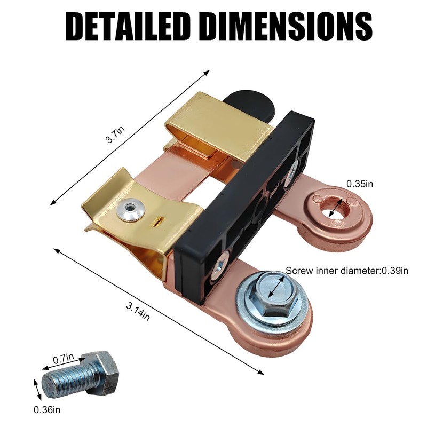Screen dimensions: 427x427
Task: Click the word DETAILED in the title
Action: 128,26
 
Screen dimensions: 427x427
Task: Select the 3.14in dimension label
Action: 138,312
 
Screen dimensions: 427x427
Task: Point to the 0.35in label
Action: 359,184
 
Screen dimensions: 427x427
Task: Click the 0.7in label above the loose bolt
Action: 63,358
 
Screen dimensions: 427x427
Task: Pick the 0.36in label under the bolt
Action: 47,409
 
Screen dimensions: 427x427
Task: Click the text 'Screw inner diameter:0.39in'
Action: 346,271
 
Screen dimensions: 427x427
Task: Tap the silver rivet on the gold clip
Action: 130,210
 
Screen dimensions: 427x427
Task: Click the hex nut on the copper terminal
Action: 276,295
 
